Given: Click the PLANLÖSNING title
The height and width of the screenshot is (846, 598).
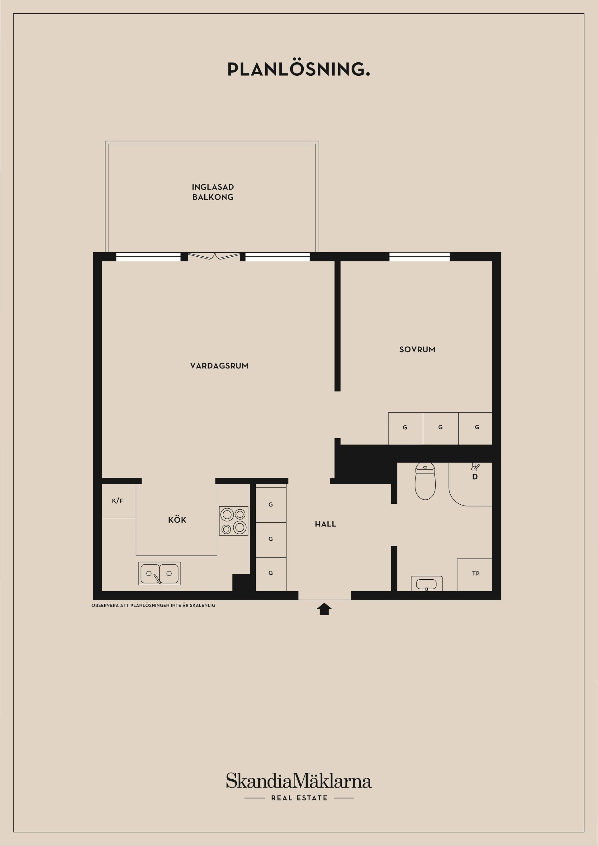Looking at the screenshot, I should [298, 69].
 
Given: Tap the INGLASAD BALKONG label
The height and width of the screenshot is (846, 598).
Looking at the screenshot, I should [213, 192].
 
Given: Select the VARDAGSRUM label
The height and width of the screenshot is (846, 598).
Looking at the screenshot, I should [219, 366].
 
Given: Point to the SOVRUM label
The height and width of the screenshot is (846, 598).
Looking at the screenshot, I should [417, 349].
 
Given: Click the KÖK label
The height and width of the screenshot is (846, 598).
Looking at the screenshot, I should [177, 520].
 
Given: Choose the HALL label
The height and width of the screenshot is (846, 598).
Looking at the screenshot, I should [325, 524].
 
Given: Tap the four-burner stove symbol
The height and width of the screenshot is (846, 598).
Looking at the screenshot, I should [233, 520].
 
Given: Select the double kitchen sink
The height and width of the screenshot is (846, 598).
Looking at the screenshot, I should [159, 573].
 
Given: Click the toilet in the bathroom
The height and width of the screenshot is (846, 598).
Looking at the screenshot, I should [425, 481].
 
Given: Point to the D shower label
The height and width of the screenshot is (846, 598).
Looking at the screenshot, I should [475, 477].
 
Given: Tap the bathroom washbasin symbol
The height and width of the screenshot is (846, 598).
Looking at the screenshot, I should [426, 584].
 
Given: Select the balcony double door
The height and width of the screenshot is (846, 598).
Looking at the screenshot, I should [214, 256].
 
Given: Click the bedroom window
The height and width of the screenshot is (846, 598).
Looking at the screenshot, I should [419, 256].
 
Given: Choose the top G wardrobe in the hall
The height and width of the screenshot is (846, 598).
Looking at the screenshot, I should [271, 504].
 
